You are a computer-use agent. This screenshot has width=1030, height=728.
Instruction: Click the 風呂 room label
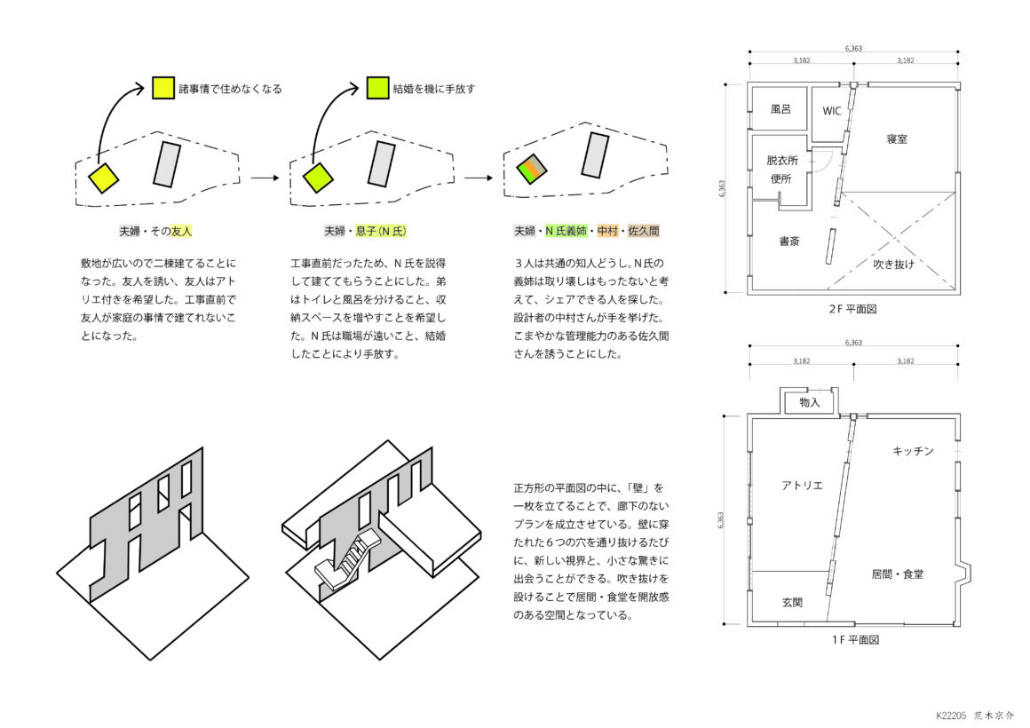click(x=780, y=109)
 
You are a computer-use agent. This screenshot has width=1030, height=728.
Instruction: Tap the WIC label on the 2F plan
click(x=832, y=111)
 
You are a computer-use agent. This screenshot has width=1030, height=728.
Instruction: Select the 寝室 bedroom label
click(x=897, y=138)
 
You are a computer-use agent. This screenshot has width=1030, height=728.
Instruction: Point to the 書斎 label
click(x=789, y=241)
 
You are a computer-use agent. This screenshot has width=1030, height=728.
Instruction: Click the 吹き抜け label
click(x=893, y=265)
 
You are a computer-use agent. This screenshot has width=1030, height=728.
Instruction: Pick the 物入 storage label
click(x=810, y=402)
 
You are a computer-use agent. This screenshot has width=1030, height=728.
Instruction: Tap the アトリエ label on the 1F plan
click(x=802, y=486)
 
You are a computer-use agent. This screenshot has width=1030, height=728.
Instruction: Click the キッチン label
click(x=913, y=451)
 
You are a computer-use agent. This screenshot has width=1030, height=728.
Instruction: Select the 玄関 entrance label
click(x=792, y=602)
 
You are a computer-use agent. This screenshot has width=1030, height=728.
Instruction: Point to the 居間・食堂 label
click(x=898, y=574)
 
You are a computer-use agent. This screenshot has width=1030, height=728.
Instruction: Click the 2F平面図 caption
click(x=852, y=309)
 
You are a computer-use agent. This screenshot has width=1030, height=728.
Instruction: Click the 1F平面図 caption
click(x=855, y=639)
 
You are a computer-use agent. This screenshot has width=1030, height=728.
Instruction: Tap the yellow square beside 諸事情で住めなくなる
click(x=162, y=88)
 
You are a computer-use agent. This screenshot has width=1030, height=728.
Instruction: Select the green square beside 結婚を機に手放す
click(x=377, y=88)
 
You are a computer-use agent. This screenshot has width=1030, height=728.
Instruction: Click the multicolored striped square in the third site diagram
click(x=531, y=169)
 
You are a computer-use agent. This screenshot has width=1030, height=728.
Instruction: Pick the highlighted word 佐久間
click(x=644, y=232)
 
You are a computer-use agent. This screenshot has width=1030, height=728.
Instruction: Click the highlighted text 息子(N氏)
click(x=381, y=232)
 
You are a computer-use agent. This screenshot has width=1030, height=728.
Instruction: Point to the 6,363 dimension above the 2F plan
click(x=853, y=48)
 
